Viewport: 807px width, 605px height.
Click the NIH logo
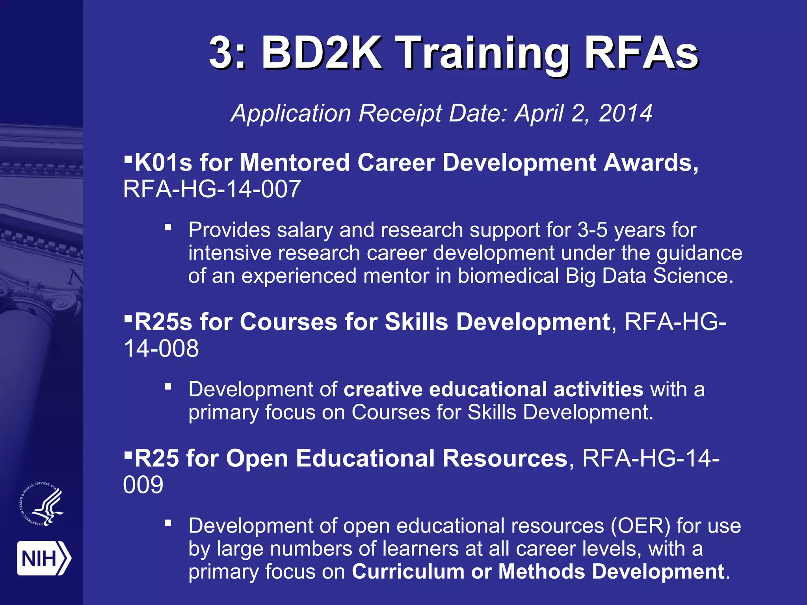44,558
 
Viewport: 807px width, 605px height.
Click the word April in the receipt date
539,113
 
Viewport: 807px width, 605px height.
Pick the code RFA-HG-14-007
212,189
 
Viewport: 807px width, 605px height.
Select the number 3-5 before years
592,230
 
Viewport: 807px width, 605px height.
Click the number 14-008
161,348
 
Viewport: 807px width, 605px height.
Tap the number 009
143,484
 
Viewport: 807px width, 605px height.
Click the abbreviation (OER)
640,525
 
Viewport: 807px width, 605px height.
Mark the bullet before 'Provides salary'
168,227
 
